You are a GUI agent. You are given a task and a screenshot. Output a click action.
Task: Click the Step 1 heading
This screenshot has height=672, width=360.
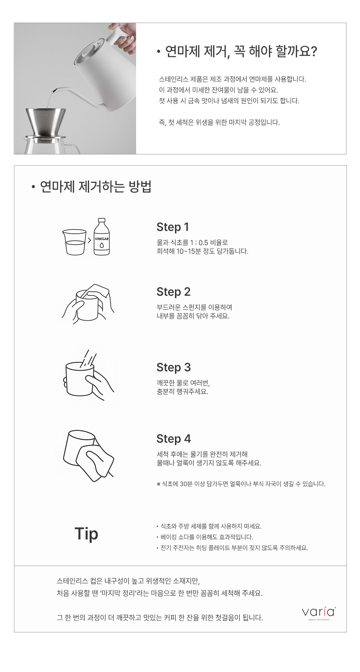[172, 227]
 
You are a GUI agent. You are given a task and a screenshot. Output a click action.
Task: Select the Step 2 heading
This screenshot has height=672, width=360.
[174, 292]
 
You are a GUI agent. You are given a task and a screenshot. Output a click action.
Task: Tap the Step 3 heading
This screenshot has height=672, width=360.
[174, 367]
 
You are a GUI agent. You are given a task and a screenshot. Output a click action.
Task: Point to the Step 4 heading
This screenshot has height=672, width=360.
[174, 439]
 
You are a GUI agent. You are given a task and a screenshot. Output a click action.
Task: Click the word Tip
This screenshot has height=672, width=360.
[86, 534]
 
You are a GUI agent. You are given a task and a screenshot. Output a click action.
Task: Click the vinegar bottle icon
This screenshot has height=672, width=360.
[102, 236]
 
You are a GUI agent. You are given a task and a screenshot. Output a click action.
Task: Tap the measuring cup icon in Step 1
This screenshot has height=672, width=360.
[74, 242]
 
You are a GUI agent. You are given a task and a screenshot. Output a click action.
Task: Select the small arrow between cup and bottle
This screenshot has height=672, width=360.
[90, 240]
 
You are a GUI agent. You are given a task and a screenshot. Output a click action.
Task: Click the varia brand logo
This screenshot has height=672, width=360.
[319, 612]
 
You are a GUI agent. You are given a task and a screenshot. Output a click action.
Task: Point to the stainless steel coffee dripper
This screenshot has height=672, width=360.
[46, 122]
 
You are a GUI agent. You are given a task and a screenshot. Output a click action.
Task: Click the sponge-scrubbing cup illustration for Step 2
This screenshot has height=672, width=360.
[88, 304]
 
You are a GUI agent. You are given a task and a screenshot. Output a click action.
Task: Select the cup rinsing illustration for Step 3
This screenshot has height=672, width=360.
[89, 375]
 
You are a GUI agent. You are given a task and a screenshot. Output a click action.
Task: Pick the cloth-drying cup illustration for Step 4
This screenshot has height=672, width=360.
[89, 455]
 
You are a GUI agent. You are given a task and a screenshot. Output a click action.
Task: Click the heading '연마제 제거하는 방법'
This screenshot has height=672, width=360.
[95, 187]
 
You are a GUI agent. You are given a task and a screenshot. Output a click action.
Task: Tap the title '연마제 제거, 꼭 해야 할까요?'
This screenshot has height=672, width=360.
[241, 51]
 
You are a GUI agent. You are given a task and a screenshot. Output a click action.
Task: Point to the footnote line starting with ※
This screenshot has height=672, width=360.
[241, 484]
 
